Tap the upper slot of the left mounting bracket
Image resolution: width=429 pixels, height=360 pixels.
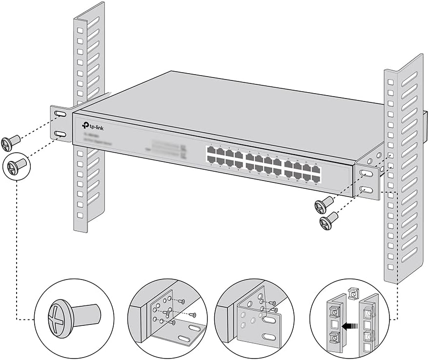click(60, 114)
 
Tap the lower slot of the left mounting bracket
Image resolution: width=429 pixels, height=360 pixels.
click(60, 134)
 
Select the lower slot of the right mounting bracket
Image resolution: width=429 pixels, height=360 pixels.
click(368, 190)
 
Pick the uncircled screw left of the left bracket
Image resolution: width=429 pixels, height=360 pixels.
click(9, 143)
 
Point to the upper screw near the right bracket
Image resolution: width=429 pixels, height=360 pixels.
click(324, 204)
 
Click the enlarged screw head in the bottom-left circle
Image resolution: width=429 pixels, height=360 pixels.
click(59, 319)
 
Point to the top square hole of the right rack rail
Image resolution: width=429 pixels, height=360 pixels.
click(389, 80)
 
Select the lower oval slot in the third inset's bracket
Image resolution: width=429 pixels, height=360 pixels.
click(268, 338)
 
